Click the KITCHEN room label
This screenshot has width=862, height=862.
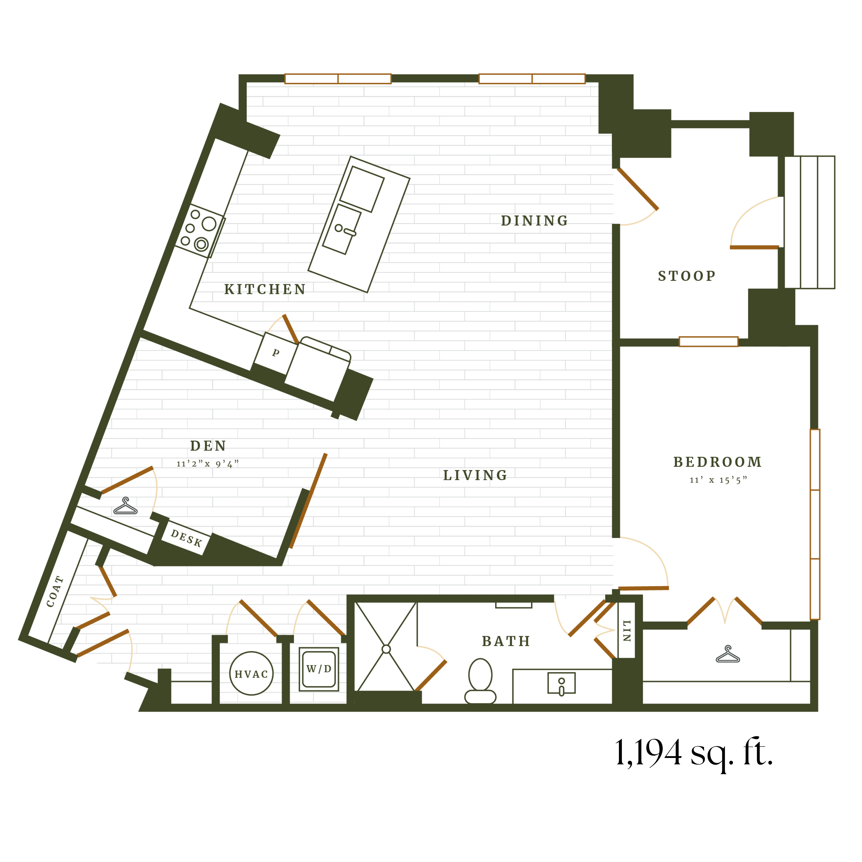point(265,290)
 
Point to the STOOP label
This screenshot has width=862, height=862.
point(687,276)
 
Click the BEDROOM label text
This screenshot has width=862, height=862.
point(717,462)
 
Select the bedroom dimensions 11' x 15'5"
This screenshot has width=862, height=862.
point(718,480)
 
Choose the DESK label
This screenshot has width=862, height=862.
point(187,538)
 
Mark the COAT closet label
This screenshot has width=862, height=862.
point(55,592)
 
